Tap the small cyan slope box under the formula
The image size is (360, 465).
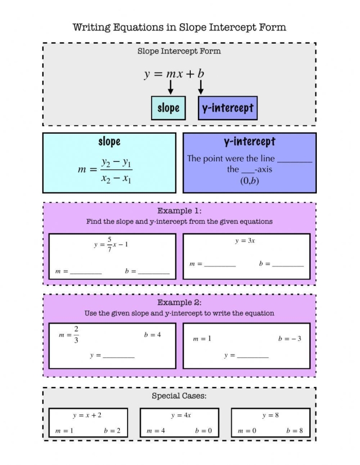click(x=168, y=108)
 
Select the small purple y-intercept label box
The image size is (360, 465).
click(x=227, y=108)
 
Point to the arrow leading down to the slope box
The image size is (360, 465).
click(x=170, y=87)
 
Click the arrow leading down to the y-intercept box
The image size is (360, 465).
click(x=201, y=87)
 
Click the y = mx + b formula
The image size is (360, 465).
click(x=174, y=74)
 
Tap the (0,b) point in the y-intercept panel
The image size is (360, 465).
click(x=249, y=180)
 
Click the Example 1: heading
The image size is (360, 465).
click(x=179, y=211)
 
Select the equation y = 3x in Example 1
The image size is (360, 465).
click(x=245, y=241)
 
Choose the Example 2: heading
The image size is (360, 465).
click(x=179, y=302)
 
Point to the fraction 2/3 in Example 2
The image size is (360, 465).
click(x=76, y=334)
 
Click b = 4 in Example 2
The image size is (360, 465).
click(x=152, y=335)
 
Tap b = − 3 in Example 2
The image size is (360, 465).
click(x=290, y=339)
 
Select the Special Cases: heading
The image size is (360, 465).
click(x=179, y=396)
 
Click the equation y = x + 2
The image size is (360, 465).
click(x=87, y=415)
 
